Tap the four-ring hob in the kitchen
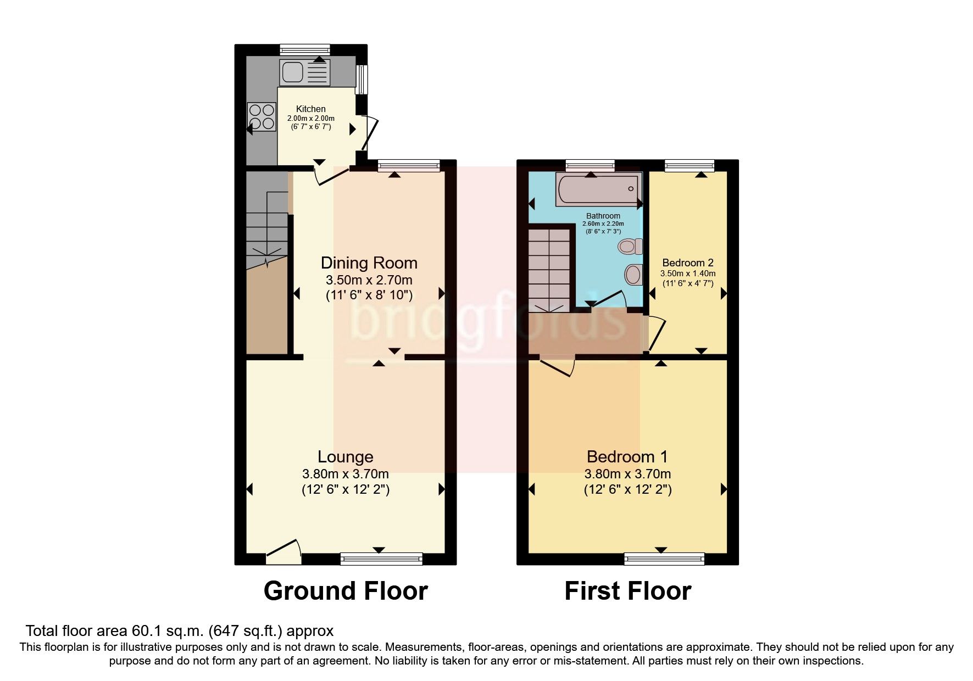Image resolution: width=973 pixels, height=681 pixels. (x=262, y=117)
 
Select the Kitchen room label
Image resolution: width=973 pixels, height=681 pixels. (x=311, y=109)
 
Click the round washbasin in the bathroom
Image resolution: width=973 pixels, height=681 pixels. (x=633, y=275)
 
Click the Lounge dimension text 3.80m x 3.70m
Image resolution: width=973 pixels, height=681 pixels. (x=346, y=474)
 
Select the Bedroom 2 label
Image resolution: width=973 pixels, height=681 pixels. (x=687, y=263)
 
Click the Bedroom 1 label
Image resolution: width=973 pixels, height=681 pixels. (x=627, y=456)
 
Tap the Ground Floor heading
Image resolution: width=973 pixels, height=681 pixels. (x=346, y=591)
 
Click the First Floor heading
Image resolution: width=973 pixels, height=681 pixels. (x=628, y=591)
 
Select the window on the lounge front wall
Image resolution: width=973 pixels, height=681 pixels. (x=381, y=559)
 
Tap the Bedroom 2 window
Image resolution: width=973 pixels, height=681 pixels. (x=690, y=165)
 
